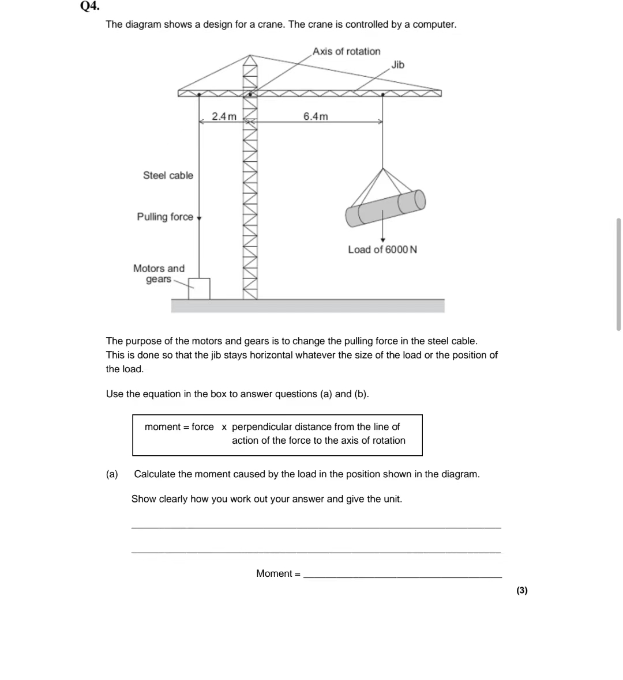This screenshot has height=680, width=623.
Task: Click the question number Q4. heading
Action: (x=89, y=6)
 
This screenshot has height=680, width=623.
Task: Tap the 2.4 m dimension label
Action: (x=224, y=116)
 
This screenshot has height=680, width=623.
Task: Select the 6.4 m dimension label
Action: (x=316, y=116)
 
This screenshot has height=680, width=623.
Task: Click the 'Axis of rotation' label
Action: (x=346, y=51)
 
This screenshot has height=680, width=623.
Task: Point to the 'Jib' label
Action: (x=398, y=65)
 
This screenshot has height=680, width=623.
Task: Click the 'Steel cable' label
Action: (x=168, y=175)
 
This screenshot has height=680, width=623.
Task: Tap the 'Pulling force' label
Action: (x=165, y=217)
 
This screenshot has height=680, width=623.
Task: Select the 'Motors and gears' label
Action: (x=159, y=274)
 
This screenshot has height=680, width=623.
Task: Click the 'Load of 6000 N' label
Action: (x=382, y=250)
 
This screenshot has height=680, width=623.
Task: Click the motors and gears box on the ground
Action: (x=199, y=289)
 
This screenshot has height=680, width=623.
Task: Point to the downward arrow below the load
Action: (x=382, y=236)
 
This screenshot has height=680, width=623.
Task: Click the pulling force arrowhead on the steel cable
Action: (x=199, y=218)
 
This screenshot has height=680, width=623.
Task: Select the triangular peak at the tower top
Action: (x=250, y=60)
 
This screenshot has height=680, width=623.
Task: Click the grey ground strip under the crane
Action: (x=307, y=306)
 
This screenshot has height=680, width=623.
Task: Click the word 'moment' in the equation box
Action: (x=162, y=427)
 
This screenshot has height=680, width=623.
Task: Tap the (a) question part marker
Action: (x=112, y=474)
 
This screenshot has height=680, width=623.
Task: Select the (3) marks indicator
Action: (x=521, y=590)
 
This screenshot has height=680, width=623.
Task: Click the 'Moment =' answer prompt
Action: (x=278, y=573)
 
